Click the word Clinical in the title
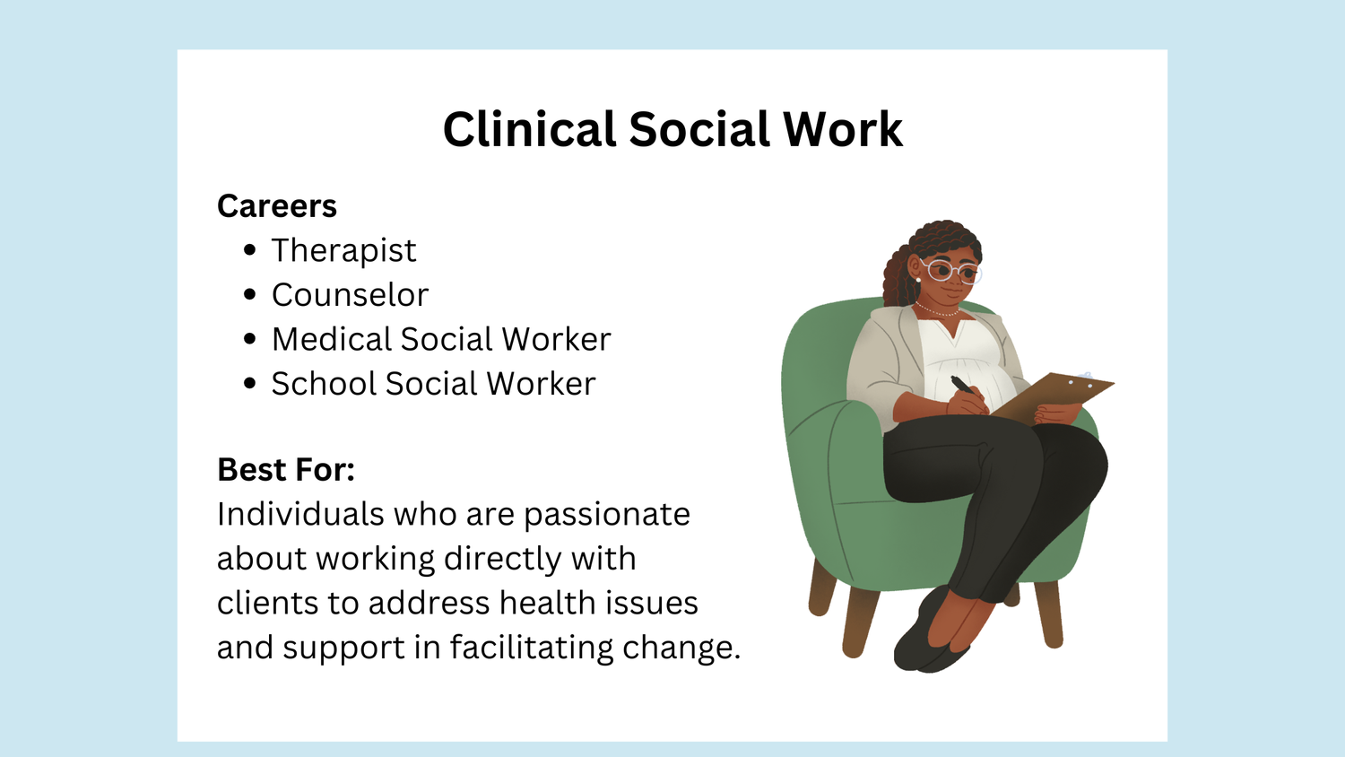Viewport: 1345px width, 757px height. (529, 130)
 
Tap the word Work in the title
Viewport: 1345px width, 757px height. (842, 130)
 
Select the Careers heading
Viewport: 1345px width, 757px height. (277, 206)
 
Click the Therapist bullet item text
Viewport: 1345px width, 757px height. (343, 251)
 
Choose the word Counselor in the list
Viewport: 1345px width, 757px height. (350, 295)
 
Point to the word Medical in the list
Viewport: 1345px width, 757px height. (331, 340)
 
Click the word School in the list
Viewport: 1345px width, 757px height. (323, 384)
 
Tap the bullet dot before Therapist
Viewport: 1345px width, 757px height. (250, 251)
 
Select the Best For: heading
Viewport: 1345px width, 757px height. (286, 470)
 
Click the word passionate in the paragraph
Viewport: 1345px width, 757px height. (607, 515)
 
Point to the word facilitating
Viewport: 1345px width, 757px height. (531, 648)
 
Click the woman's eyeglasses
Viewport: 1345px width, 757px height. (952, 272)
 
